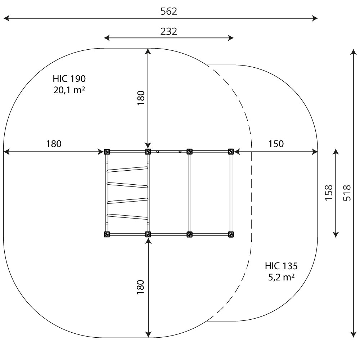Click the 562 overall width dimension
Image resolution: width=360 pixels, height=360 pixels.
click(x=169, y=12)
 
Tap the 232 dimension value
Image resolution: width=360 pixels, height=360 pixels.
click(x=169, y=32)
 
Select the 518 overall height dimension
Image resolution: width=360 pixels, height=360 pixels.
click(x=347, y=193)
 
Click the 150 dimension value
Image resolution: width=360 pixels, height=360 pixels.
click(x=276, y=144)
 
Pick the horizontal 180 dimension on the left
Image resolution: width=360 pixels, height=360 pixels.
click(x=54, y=144)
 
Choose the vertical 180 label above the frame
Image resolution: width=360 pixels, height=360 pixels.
click(x=141, y=98)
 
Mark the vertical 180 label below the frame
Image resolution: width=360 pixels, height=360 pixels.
click(x=140, y=287)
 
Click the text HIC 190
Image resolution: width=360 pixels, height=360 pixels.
click(x=69, y=79)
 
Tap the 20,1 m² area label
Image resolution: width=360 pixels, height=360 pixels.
click(x=69, y=90)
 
